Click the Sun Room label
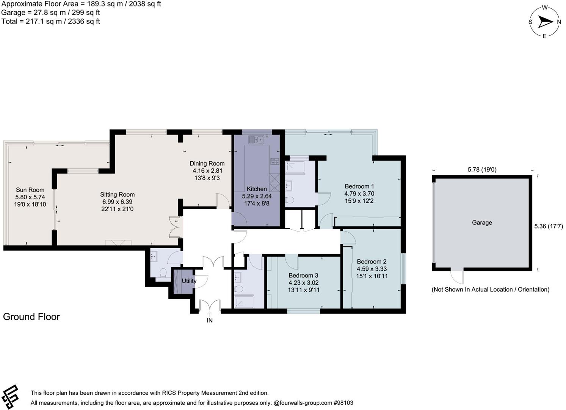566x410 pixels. tap(30, 190)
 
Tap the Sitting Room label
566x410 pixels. tap(117, 194)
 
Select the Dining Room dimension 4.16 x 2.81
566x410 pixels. tap(207, 171)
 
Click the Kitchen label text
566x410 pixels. tap(257, 189)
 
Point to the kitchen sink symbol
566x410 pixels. tap(256, 140)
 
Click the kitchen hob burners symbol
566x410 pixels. tap(274, 161)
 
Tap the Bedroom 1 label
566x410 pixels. tap(359, 186)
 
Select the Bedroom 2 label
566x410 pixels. tap(372, 261)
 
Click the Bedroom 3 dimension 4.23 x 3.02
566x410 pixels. tap(303, 283)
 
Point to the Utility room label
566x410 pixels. tap(189, 281)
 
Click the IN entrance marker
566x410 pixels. tap(210, 320)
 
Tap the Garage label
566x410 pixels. tap(482, 222)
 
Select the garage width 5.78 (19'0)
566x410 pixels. tap(482, 170)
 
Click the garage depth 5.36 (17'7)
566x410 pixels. tap(549, 226)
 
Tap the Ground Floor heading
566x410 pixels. tap(31, 317)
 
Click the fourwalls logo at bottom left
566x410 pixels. tap(10, 397)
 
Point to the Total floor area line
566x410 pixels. tap(51, 22)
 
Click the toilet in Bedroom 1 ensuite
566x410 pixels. tap(290, 200)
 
